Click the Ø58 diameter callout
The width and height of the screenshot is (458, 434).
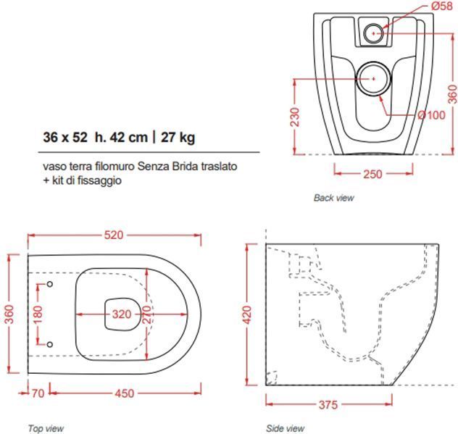(x=441, y=6)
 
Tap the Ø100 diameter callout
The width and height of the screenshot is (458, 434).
(x=432, y=115)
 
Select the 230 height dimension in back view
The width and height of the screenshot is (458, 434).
(x=295, y=117)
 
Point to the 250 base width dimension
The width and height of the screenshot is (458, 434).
(x=372, y=174)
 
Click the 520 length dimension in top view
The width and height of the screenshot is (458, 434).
(x=114, y=235)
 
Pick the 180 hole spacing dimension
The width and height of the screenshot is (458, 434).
(x=38, y=314)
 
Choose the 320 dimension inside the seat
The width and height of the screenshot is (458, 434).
(x=122, y=314)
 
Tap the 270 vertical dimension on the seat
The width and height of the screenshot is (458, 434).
(x=147, y=314)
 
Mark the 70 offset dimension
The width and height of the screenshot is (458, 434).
(x=38, y=393)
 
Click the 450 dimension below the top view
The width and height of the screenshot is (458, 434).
(x=125, y=393)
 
